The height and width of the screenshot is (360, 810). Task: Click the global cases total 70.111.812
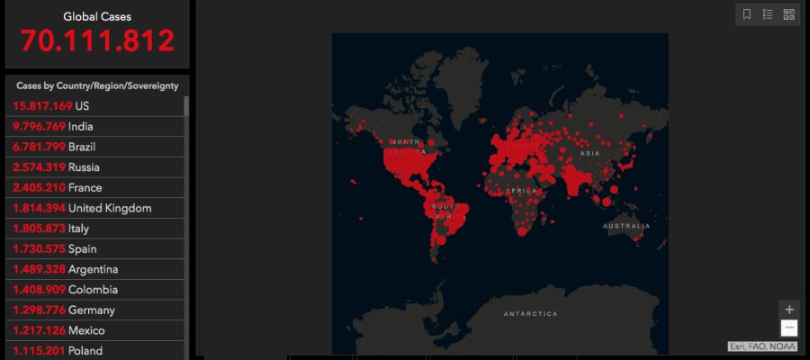(97, 41)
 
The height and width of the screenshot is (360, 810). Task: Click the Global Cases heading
(97, 16)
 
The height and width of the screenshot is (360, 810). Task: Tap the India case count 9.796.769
(40, 126)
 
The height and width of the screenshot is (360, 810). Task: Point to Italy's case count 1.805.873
(39, 229)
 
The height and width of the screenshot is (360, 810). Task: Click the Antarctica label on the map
(530, 314)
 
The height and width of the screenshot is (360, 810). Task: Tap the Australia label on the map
(626, 225)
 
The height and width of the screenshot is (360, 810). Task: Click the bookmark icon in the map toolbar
(747, 14)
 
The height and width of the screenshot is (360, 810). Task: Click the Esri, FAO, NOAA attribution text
(763, 346)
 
